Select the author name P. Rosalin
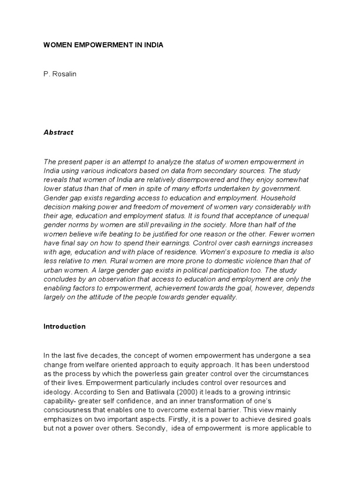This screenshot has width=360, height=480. point(60,75)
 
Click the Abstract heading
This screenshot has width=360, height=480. point(59,132)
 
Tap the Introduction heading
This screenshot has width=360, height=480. point(64,327)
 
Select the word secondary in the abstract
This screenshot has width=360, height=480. point(223,171)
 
